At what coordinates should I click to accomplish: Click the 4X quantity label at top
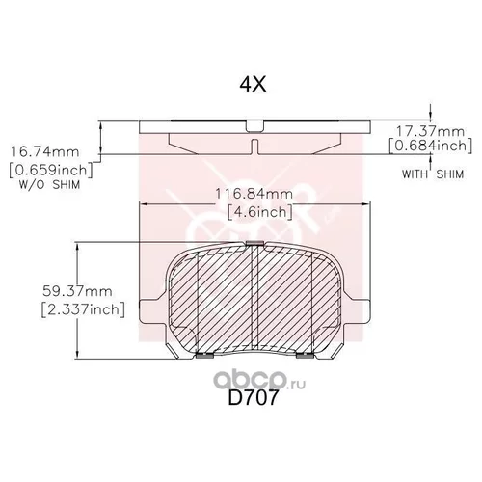coord(252,84)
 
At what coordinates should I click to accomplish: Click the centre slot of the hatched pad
coord(252,299)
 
